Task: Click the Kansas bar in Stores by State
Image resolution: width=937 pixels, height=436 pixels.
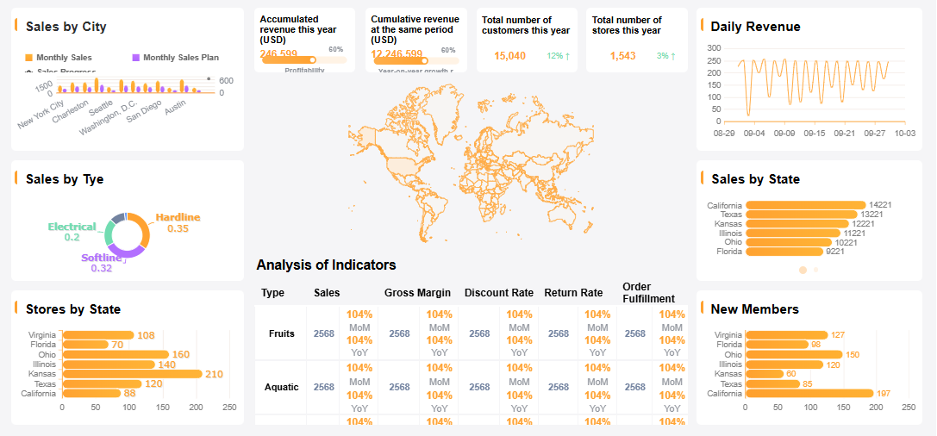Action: pyautogui.click(x=130, y=374)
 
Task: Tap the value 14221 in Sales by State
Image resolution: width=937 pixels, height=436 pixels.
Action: pyautogui.click(x=880, y=205)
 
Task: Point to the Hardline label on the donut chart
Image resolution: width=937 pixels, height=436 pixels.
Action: pyautogui.click(x=178, y=217)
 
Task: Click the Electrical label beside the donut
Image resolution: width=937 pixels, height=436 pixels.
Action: pyautogui.click(x=72, y=227)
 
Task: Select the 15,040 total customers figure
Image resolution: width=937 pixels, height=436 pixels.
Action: pyautogui.click(x=509, y=56)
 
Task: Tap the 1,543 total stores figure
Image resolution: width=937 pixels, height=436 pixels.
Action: pyautogui.click(x=622, y=56)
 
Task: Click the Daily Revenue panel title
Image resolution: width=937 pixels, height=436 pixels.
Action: pyautogui.click(x=755, y=27)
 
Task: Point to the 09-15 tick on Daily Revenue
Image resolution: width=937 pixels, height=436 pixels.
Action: pyautogui.click(x=814, y=134)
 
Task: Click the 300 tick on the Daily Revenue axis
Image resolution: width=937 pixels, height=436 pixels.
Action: pyautogui.click(x=713, y=48)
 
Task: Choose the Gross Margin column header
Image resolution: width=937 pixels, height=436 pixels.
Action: pyautogui.click(x=417, y=293)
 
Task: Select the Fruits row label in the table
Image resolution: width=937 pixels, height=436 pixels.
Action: pyautogui.click(x=281, y=333)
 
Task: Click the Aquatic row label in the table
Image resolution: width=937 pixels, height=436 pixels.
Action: pyautogui.click(x=281, y=387)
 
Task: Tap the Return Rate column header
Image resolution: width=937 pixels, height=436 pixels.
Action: pyautogui.click(x=573, y=293)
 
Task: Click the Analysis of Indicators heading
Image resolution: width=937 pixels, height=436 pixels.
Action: pyautogui.click(x=326, y=265)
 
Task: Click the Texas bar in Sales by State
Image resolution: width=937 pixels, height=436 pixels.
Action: pyautogui.click(x=802, y=215)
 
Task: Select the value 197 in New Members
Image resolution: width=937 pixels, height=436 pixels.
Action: pyautogui.click(x=884, y=394)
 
